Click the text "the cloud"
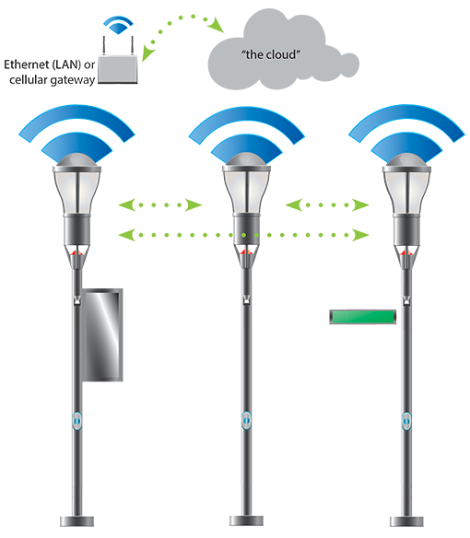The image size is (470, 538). point(271,54)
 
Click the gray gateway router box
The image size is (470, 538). point(118,70)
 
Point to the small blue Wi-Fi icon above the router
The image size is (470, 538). point(118,25)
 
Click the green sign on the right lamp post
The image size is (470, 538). point(363,317)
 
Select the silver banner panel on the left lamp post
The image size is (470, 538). point(102,335)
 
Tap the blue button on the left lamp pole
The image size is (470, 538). point(76,421)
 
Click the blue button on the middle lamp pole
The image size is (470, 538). point(246,420)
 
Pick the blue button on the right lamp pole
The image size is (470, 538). point(406,421)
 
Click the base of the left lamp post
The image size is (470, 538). point(76,520)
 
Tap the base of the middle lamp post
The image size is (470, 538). point(246,520)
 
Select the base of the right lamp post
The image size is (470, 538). point(406,520)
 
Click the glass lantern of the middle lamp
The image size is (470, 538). point(246,192)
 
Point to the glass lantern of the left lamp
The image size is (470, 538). point(76,193)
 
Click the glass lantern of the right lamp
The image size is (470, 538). point(406,193)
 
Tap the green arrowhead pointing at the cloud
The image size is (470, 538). point(217,25)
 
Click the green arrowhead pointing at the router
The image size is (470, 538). point(147,53)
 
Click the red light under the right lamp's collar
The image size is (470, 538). point(406,253)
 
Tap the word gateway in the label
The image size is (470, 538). point(73,81)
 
